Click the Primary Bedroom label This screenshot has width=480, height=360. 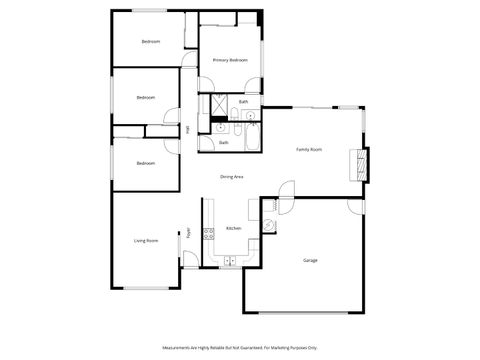230,60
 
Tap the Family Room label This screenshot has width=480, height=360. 309,149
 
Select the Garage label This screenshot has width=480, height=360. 311,260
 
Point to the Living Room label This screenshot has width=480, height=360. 147,241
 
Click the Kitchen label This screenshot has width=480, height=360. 233,229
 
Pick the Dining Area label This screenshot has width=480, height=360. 232,177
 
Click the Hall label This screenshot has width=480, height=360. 187,128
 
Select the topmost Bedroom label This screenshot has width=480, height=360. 151,41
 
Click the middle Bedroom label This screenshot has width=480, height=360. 146,97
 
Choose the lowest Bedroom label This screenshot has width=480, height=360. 146,162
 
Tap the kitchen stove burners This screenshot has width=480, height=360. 209,235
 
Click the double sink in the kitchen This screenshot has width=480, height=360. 230,261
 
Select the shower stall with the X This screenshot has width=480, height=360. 214,103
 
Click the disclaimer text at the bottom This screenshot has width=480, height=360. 240,348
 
